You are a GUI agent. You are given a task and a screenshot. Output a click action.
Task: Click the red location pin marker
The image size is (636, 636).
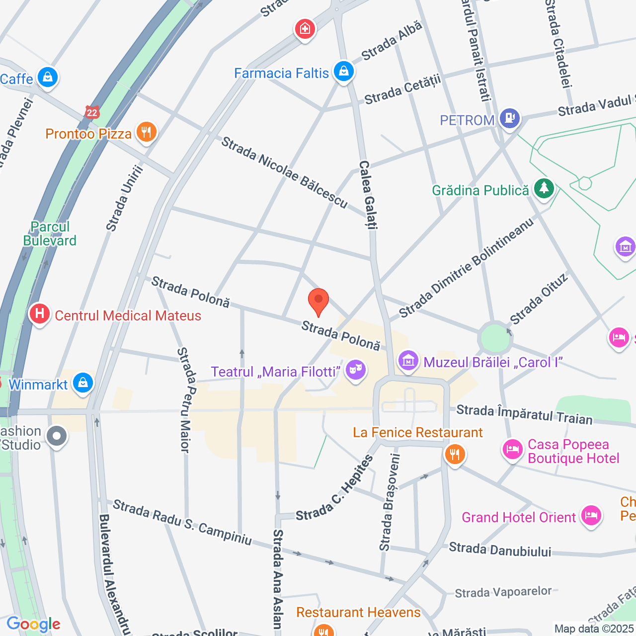[x=318, y=301]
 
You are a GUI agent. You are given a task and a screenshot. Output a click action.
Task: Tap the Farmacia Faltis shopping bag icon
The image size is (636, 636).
[x=343, y=72]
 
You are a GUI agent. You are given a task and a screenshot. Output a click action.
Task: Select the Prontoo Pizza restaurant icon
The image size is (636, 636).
[x=146, y=132]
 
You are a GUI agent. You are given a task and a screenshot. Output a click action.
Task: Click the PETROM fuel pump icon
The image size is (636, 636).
[x=509, y=118]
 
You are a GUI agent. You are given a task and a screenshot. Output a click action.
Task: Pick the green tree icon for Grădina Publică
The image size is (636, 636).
[x=544, y=189]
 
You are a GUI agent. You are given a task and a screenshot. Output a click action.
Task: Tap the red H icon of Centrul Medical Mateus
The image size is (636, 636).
[x=39, y=314]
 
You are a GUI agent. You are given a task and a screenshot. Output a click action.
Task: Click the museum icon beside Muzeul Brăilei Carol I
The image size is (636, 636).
[x=408, y=360]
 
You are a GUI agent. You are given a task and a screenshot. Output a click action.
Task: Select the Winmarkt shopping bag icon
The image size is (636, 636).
[x=82, y=383]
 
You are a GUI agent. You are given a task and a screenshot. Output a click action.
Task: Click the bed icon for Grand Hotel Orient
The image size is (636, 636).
[x=591, y=516]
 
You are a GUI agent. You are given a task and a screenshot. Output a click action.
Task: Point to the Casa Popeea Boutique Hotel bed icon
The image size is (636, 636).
[x=512, y=450]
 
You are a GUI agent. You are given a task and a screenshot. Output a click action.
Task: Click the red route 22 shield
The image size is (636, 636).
[x=91, y=112]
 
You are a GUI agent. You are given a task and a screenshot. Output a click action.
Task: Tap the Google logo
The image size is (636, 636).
[x=33, y=624]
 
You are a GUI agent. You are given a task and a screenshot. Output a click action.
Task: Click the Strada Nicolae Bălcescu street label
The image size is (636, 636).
[x=284, y=172]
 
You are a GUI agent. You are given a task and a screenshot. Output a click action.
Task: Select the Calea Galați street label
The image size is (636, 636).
[x=368, y=194]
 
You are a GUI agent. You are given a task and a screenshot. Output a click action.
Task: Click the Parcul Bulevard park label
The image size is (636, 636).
[x=50, y=234]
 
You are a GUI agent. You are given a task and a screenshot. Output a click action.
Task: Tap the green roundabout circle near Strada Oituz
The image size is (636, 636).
[x=495, y=338]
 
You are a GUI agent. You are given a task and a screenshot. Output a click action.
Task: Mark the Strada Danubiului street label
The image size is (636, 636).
[x=500, y=550]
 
